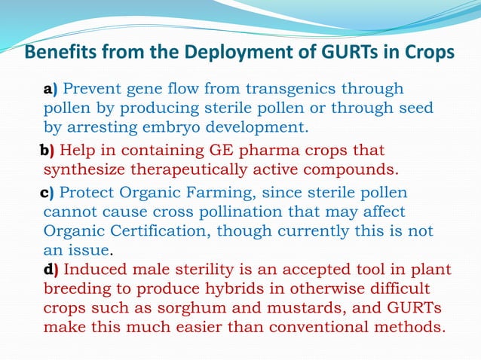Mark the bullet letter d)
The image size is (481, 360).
pyautogui.click(x=52, y=268)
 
